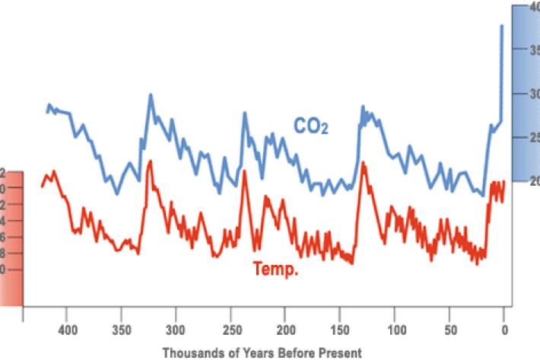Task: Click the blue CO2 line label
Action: click(311, 126)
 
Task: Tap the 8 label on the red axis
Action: click(3, 253)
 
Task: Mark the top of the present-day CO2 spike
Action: click(502, 25)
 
